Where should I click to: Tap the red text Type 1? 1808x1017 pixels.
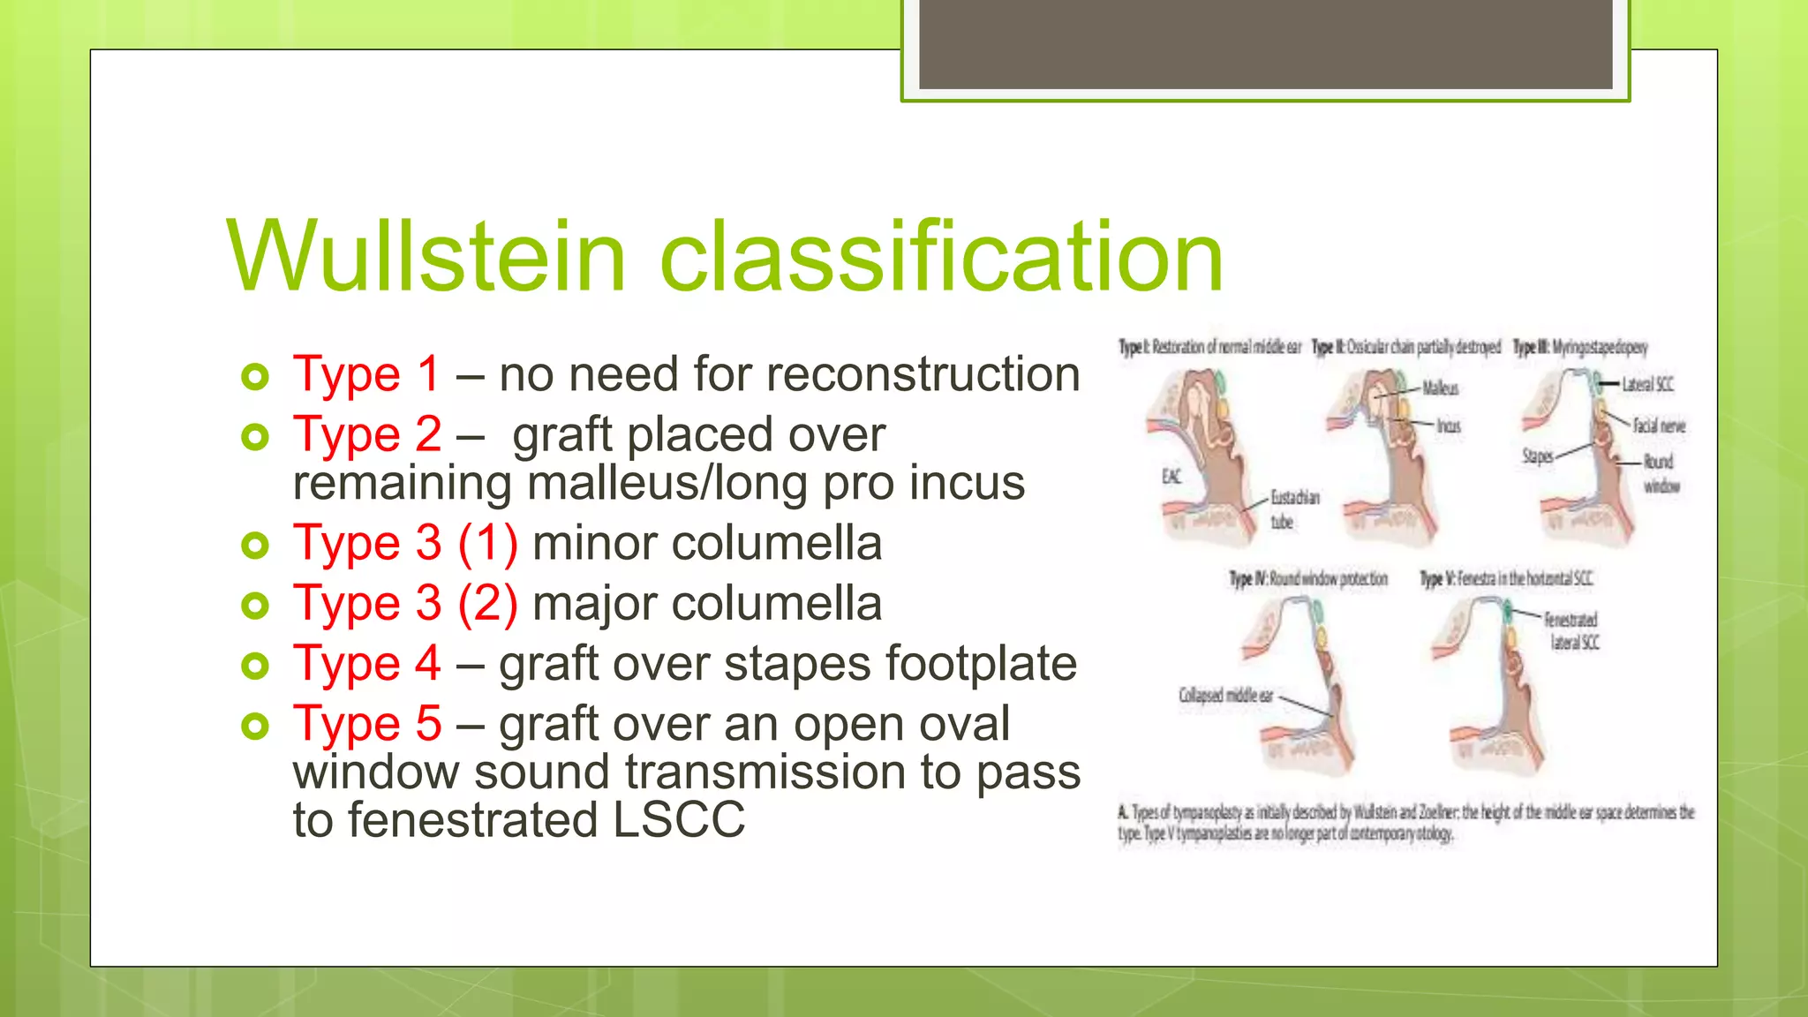click(366, 374)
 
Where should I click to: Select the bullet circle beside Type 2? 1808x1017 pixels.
click(255, 437)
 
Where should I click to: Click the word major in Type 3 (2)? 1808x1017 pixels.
click(595, 604)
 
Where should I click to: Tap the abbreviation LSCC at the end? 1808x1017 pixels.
click(679, 820)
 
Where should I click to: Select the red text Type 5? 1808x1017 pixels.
click(366, 724)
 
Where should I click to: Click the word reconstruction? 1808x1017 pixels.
click(923, 374)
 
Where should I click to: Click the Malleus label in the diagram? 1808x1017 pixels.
click(1440, 388)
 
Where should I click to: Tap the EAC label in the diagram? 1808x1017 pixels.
click(1171, 478)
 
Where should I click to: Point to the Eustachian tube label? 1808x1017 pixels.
click(1294, 509)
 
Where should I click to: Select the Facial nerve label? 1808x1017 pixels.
click(1658, 426)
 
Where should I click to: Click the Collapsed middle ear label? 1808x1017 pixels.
click(1225, 696)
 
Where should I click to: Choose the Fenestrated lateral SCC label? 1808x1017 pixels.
click(1572, 631)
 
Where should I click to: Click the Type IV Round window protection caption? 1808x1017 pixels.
click(1308, 579)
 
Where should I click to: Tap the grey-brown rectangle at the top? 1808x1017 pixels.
click(1265, 44)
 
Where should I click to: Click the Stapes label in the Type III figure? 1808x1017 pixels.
click(1537, 456)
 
